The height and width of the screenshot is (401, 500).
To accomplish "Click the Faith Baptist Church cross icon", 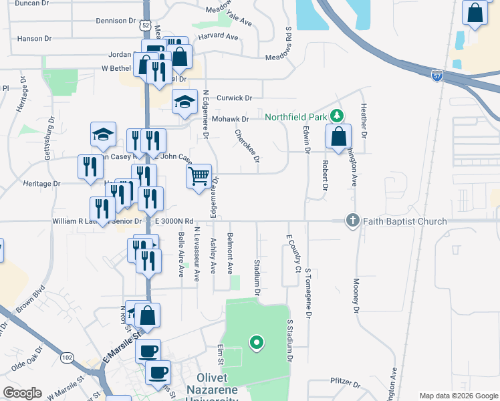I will (352, 221).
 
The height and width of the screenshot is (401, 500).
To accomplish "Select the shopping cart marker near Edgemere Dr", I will (199, 177).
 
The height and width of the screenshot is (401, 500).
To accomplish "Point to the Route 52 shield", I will (146, 25).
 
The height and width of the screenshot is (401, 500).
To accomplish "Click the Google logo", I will (22, 393).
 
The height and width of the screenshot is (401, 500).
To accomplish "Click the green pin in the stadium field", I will (255, 343).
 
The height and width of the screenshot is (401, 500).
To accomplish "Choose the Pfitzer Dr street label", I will (346, 384).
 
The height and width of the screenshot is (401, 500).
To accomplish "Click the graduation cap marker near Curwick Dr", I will (184, 102).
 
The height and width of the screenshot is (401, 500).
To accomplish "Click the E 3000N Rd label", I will (174, 221).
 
